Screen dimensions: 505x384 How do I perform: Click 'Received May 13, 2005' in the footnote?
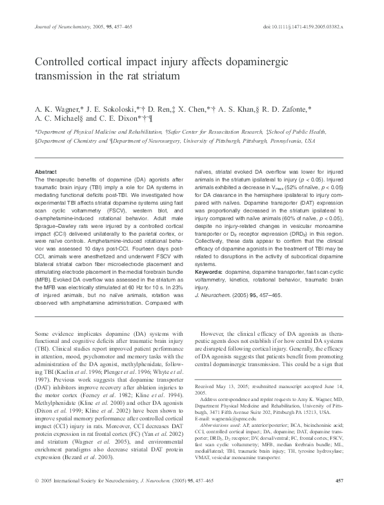tap(234, 385)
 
